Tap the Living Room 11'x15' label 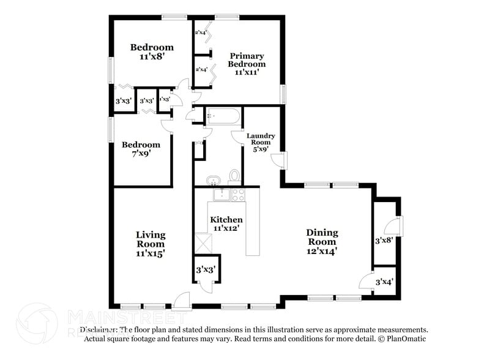pyautogui.click(x=151, y=242)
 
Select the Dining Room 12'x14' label pyautogui.click(x=322, y=241)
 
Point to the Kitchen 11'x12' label pyautogui.click(x=226, y=223)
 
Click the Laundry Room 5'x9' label pyautogui.click(x=261, y=141)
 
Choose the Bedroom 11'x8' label pyautogui.click(x=152, y=51)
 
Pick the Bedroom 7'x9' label pyautogui.click(x=141, y=149)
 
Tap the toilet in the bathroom pyautogui.click(x=234, y=177)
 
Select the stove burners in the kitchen pyautogui.click(x=237, y=195)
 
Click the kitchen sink pyautogui.click(x=221, y=195)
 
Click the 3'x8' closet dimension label pyautogui.click(x=384, y=241)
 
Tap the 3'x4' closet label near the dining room pyautogui.click(x=384, y=282)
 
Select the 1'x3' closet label pyautogui.click(x=164, y=99)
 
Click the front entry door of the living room pyautogui.click(x=182, y=301)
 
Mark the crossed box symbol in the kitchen pyautogui.click(x=203, y=242)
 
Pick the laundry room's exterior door pyautogui.click(x=279, y=160)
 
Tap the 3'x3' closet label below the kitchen pyautogui.click(x=204, y=269)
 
